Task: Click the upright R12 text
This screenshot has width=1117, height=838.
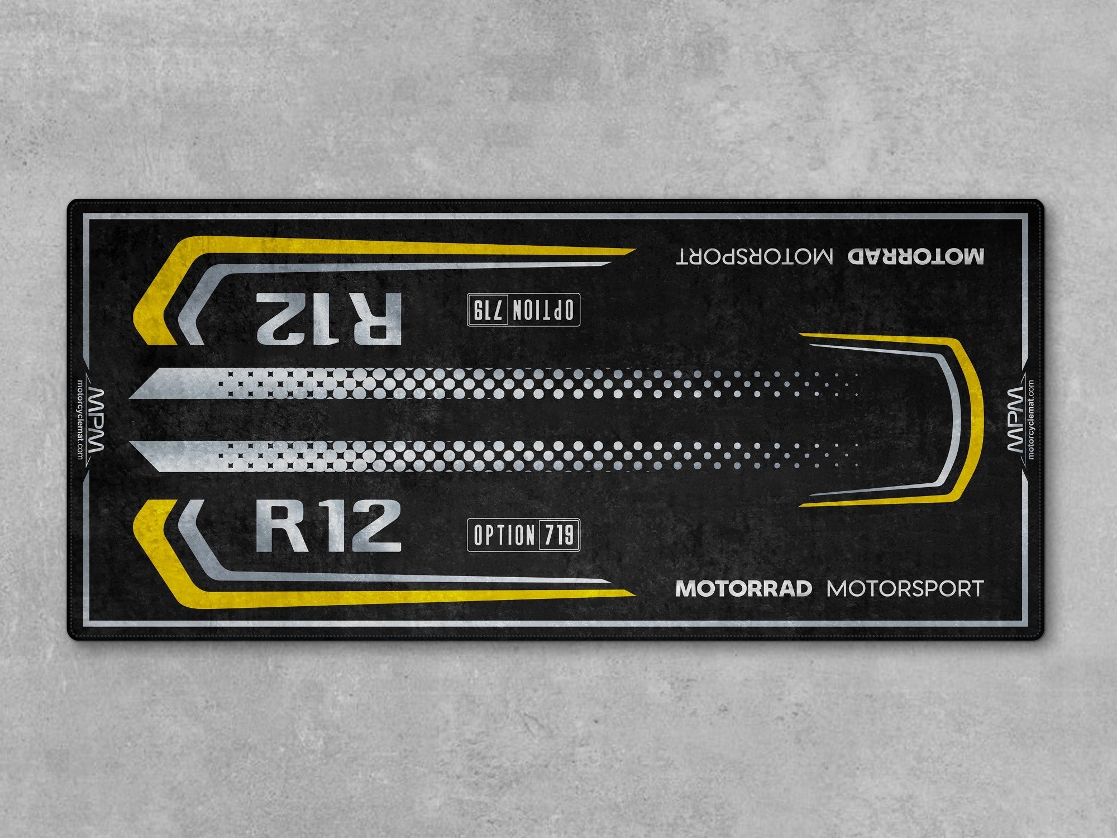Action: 328,527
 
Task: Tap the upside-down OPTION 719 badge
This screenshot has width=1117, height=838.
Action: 523,308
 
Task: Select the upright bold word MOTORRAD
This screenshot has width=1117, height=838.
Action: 743,588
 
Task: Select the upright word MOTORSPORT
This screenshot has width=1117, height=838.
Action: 905,588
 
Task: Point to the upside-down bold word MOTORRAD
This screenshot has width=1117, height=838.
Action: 916,256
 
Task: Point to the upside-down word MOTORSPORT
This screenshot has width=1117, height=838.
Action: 755,256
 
